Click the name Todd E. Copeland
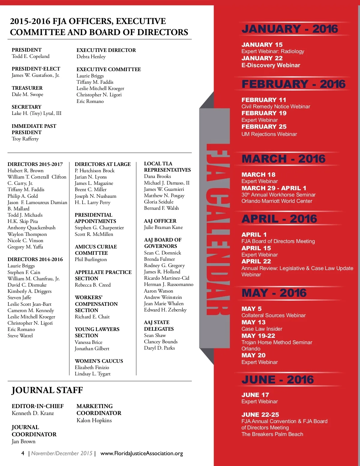point(31,56)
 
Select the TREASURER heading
point(27,88)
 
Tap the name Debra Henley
point(91,56)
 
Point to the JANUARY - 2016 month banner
point(289,29)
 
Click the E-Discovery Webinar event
point(271,65)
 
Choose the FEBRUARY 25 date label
point(264,127)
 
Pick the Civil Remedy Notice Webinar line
point(276,107)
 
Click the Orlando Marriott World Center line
point(277,201)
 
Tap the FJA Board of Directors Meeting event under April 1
point(278,241)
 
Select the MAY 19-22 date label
point(258,336)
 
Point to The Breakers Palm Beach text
point(272,434)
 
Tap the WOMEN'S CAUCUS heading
point(99,361)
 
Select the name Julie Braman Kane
point(163,227)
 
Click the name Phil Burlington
point(91,260)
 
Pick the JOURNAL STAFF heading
point(47,390)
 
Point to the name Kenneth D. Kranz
point(33,413)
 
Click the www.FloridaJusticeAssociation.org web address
point(142,453)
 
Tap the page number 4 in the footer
point(23,453)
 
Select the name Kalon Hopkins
point(94,420)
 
